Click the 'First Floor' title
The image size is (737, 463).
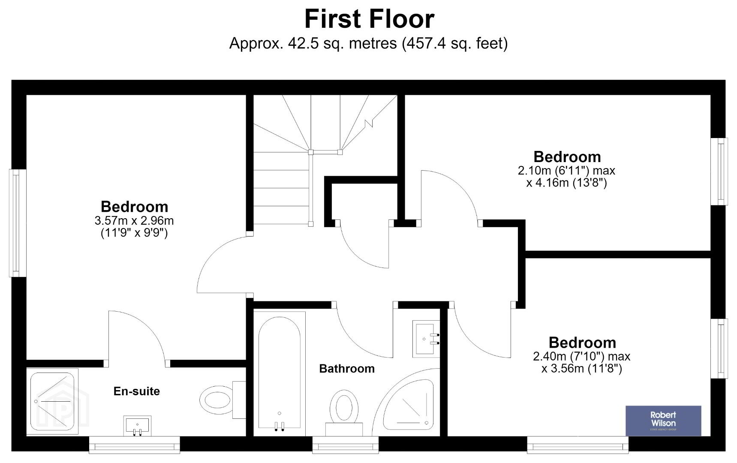click(369, 19)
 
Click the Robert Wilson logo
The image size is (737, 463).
click(663, 421)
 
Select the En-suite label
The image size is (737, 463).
click(136, 391)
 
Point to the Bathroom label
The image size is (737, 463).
click(347, 369)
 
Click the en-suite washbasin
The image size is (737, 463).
click(137, 425)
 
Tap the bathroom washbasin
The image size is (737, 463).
click(426, 339)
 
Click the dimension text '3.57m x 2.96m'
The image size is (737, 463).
click(134, 221)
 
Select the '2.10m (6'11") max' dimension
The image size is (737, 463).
click(566, 171)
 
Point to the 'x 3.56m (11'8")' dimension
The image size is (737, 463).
click(581, 369)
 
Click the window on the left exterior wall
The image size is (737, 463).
click(18, 223)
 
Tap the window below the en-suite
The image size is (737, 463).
click(134, 445)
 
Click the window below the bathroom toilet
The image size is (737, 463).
click(346, 445)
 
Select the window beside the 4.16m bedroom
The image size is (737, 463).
click(719, 171)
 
